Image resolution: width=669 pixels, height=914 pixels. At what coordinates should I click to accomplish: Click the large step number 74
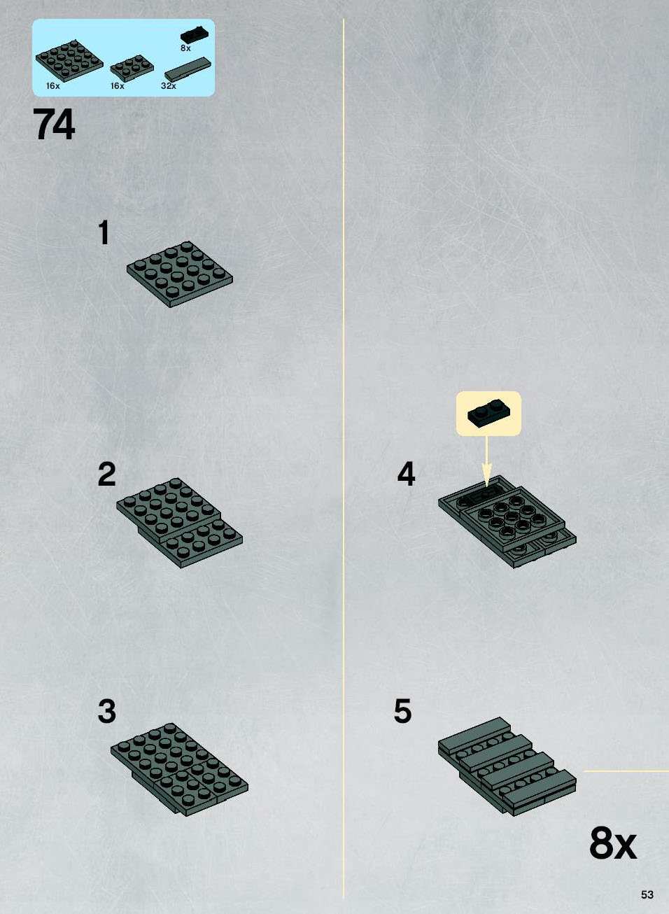coord(54,124)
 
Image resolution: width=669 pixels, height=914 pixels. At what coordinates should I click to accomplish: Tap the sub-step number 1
coord(104,232)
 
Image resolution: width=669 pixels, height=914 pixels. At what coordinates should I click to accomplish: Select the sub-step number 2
coord(106,474)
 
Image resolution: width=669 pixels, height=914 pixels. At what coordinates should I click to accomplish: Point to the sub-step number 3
coord(106,711)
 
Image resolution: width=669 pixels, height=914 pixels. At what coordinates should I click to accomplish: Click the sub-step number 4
coord(406,474)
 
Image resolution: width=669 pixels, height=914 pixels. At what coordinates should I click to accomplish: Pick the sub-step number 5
coord(402,711)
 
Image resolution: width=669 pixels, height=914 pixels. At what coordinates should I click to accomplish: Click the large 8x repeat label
coord(613,844)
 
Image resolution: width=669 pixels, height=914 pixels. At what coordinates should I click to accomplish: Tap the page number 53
coord(647,894)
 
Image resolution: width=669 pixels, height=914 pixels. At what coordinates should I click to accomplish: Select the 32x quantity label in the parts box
coord(169,85)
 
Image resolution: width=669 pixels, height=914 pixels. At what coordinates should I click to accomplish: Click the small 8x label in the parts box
coord(185,48)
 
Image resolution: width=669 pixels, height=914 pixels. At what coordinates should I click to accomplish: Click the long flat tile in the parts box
coord(188,69)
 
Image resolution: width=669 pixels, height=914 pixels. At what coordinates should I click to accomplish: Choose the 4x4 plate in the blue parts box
coord(69,61)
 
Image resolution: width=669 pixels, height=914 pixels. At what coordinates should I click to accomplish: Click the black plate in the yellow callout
coord(488,412)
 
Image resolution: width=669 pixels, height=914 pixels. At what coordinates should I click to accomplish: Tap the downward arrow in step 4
coord(486,461)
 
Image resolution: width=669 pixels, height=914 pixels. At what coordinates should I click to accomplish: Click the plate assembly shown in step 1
coord(179,274)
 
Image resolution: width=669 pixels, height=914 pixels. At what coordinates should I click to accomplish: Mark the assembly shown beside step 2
coord(179,523)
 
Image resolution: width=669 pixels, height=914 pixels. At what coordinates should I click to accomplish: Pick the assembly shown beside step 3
coord(179,770)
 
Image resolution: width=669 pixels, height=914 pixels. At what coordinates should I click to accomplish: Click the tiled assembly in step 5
coord(507,766)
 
